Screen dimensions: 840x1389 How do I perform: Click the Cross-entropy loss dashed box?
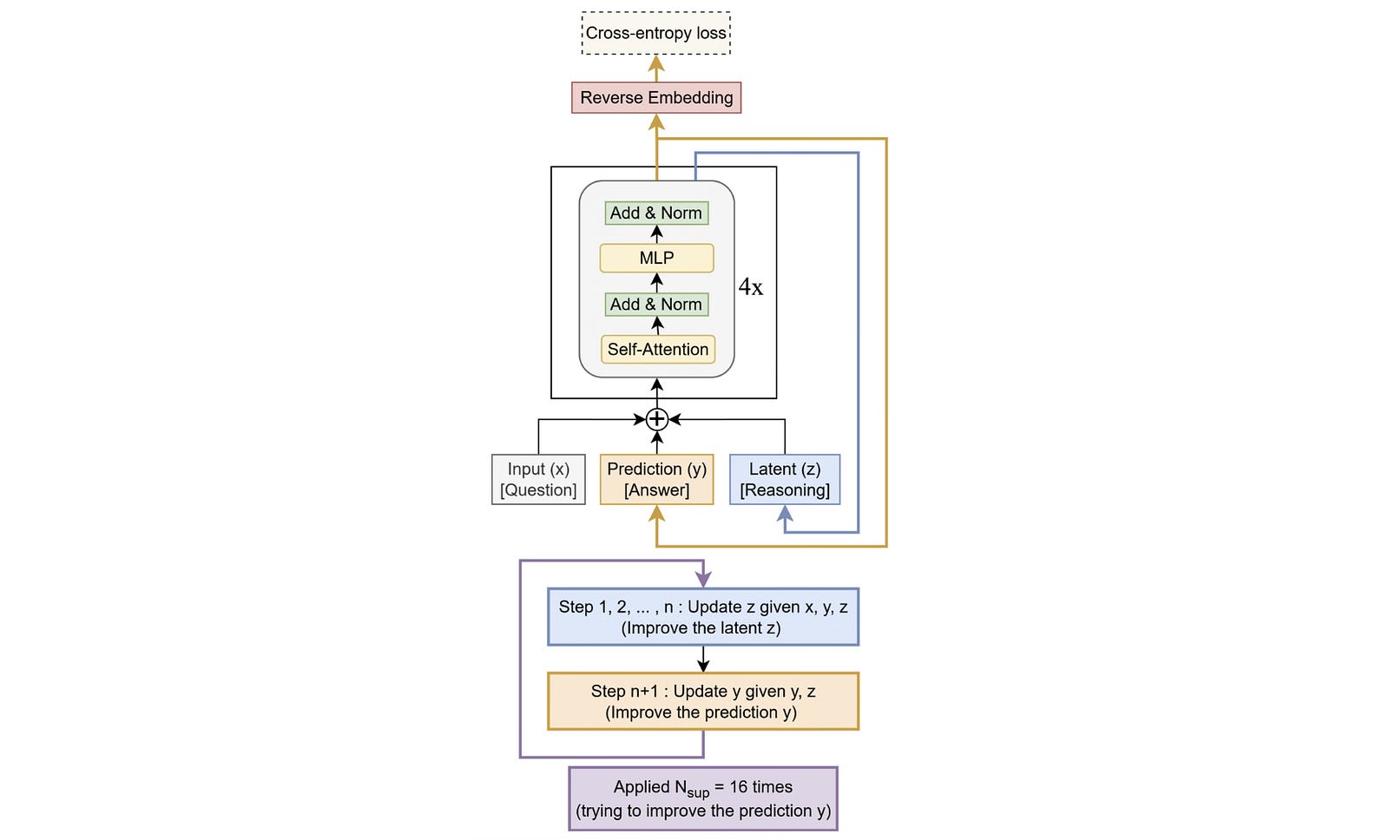tap(655, 33)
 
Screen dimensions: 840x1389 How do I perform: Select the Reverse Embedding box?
tap(655, 97)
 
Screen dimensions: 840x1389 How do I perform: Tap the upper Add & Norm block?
tap(656, 213)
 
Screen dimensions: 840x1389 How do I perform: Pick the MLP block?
tap(656, 258)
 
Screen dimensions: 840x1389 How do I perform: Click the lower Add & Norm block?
tap(656, 305)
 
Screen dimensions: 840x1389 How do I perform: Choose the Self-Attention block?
tap(658, 349)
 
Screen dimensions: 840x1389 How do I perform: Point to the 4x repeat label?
tap(751, 287)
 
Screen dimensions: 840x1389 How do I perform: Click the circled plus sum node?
tap(657, 420)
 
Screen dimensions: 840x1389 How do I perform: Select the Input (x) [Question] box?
tap(538, 479)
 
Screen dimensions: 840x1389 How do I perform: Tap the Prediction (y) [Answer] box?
tap(656, 479)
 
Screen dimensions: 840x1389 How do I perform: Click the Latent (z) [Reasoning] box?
tap(785, 479)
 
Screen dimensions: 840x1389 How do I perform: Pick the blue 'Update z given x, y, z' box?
tap(703, 617)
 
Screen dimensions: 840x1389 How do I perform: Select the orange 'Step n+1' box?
tap(703, 701)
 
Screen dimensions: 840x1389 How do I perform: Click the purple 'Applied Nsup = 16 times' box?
tap(703, 798)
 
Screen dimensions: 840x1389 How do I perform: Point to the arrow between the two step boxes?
tap(703, 660)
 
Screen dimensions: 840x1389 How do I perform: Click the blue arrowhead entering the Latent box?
tap(785, 514)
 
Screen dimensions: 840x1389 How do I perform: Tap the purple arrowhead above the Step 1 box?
tap(703, 579)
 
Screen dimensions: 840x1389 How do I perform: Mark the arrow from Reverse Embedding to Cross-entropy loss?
tap(656, 68)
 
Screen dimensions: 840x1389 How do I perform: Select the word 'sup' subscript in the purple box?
tap(698, 793)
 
